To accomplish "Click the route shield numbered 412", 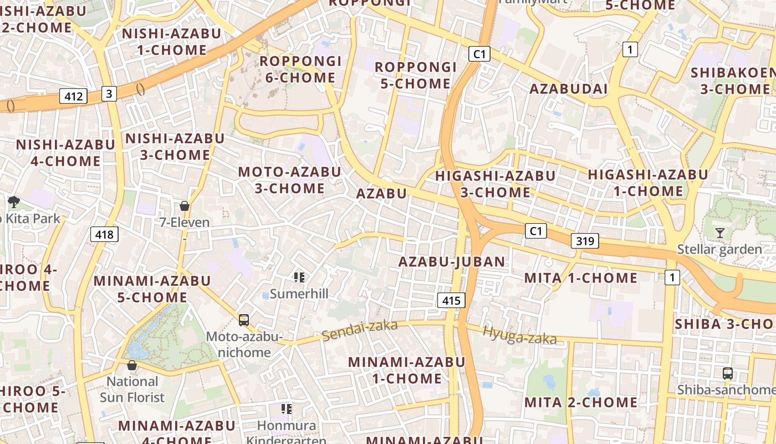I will pos(74,97).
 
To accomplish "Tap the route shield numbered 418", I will pos(104,234).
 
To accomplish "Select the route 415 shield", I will pos(451,301).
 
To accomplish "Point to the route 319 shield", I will pos(585,241).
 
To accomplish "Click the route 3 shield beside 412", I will pos(109,94).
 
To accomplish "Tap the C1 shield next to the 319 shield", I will pos(536,231).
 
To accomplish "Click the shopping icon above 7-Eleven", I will pos(185,206).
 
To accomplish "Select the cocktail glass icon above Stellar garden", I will pos(720,233).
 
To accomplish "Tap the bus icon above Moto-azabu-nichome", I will pos(243,320).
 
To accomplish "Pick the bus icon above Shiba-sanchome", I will pos(728,374).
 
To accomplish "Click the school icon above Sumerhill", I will pos(299,277).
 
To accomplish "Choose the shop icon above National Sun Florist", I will pos(132,365).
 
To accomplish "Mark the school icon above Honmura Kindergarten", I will pos(286,409).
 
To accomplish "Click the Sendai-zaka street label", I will pos(360,330).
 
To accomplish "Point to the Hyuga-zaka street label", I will pos(519,335).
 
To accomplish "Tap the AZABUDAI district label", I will pos(569,89).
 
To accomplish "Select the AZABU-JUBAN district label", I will pos(452,262).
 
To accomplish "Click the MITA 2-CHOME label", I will pos(581,402).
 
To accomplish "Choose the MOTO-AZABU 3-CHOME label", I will pos(290,180).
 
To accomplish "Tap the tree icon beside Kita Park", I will pos(14,202).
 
